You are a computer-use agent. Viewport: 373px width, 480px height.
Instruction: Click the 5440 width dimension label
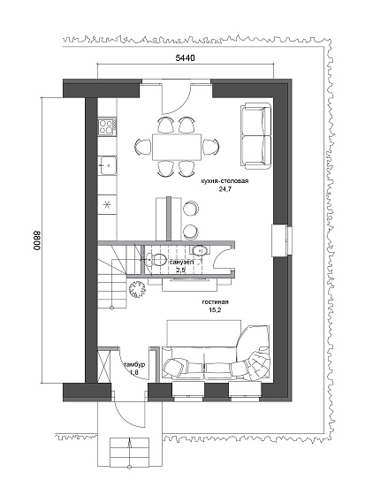point(185,57)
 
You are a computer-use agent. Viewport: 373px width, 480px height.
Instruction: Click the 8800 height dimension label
point(36,240)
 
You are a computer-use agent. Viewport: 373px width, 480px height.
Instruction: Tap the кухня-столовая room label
point(225,181)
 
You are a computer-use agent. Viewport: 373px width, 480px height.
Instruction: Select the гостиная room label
point(215,302)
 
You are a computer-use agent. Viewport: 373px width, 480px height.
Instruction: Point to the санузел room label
point(181,263)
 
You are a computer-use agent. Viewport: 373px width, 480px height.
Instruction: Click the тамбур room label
point(134,365)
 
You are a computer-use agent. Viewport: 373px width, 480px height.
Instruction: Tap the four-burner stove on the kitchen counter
point(107,126)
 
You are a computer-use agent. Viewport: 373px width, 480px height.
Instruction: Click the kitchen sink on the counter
point(107,165)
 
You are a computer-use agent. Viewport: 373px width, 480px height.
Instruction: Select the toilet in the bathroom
point(155,260)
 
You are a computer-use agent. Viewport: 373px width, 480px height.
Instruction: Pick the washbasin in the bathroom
point(199,250)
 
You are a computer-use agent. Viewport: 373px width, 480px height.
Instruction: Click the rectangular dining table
point(177,147)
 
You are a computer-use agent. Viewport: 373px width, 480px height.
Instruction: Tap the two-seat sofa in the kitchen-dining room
point(256,136)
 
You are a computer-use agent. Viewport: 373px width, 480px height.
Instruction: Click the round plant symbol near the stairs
point(137,289)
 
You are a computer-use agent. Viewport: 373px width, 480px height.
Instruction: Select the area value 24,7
point(225,189)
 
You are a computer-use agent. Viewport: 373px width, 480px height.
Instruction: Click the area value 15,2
point(215,310)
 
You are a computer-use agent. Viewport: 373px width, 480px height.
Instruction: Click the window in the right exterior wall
point(282,240)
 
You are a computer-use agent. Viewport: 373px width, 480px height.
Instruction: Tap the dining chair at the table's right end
point(211,147)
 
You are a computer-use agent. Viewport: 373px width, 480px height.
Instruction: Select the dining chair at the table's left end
point(143,147)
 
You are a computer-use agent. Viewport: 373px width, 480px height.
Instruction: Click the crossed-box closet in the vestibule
point(103,366)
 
